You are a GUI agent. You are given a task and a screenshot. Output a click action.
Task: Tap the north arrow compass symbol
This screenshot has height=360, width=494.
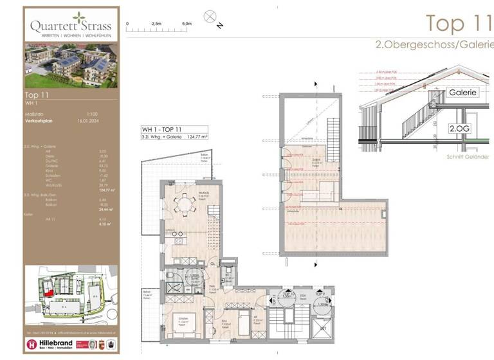click(210, 17)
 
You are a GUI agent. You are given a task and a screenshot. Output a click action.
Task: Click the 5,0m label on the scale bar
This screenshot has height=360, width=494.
click(187, 23)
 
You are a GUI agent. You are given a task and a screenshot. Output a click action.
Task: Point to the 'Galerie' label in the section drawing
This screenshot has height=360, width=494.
click(462, 92)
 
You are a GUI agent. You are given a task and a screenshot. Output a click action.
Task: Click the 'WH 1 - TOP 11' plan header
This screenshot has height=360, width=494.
click(161, 129)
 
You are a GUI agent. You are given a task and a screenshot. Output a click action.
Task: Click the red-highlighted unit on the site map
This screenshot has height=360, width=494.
click(48, 292)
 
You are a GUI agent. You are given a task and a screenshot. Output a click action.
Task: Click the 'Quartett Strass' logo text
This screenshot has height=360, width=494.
click(71, 26)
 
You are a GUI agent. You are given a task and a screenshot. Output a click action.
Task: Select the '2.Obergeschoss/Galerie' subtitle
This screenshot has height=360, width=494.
click(434, 44)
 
